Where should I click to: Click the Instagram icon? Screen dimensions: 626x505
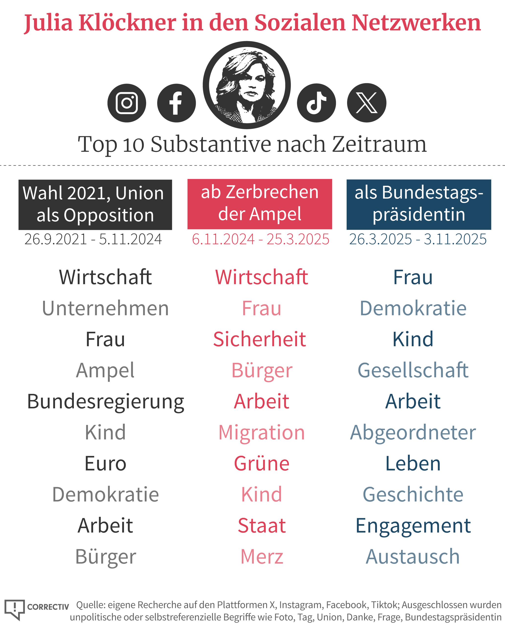(x=127, y=103)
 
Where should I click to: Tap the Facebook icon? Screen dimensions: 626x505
(x=176, y=103)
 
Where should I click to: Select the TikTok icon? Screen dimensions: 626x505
(x=316, y=103)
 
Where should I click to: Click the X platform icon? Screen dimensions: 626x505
(x=367, y=103)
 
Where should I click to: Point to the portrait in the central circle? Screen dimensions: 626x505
(x=247, y=85)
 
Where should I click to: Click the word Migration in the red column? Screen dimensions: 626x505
(x=262, y=433)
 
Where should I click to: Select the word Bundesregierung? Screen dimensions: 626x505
(x=105, y=402)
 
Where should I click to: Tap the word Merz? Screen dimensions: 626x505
(x=262, y=557)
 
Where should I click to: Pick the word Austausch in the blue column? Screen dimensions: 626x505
(x=413, y=557)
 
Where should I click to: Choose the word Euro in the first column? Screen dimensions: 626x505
(x=105, y=464)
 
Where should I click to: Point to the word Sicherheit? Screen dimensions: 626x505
(x=260, y=339)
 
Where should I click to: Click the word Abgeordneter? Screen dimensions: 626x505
(x=413, y=433)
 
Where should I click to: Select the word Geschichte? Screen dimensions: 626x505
(x=413, y=495)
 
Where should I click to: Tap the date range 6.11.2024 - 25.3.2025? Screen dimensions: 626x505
(x=260, y=239)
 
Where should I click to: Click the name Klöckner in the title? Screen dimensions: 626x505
(x=127, y=23)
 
